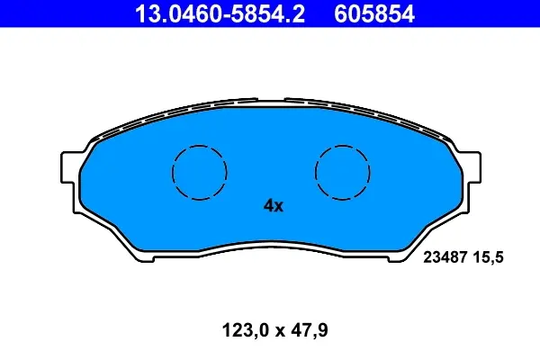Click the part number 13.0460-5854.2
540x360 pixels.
(220, 13)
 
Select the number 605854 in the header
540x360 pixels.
(374, 13)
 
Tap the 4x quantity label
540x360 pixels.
(274, 206)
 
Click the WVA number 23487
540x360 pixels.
(445, 257)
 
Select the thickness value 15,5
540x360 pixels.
(489, 257)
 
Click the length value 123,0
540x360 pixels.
(245, 330)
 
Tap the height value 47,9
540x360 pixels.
(310, 330)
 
